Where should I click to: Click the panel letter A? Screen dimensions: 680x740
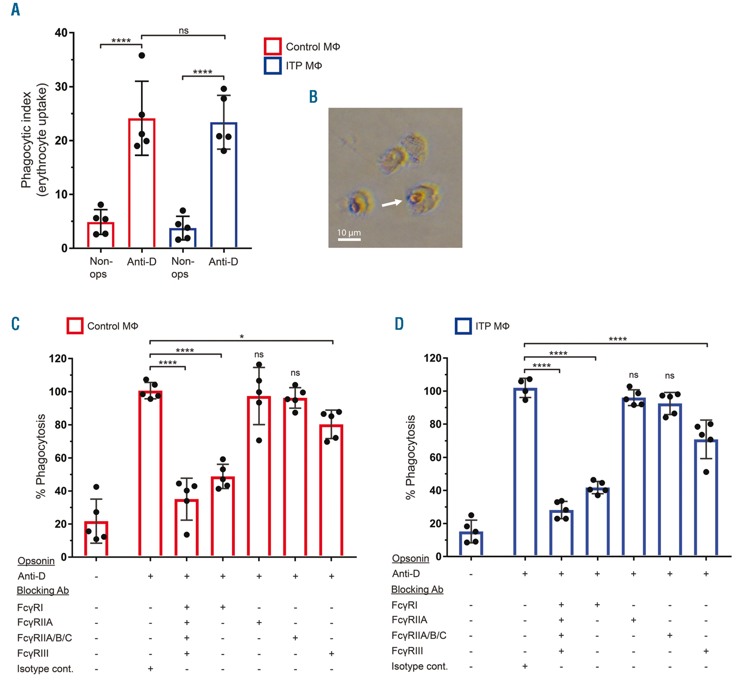[15, 10]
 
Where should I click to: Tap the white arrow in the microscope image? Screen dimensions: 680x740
[391, 203]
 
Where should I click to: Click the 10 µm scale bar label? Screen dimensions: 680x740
[349, 233]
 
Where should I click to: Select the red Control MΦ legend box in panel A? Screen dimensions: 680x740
[273, 47]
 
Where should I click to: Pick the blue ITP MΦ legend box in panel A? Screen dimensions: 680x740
[273, 66]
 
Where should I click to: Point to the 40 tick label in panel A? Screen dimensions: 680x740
[61, 33]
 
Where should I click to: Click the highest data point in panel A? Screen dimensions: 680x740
[142, 55]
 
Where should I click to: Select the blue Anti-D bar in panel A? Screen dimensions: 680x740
[223, 185]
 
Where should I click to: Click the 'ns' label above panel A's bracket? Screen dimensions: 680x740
[184, 31]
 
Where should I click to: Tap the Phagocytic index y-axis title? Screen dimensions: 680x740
[34, 140]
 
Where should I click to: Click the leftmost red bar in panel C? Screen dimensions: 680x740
[96, 538]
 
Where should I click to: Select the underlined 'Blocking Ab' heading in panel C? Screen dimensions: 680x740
[43, 590]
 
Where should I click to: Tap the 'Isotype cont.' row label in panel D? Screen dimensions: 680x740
[420, 666]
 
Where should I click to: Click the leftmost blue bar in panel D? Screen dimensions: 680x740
[471, 543]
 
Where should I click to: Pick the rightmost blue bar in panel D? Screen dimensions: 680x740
[706, 498]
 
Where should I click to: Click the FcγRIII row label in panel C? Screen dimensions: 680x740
[33, 653]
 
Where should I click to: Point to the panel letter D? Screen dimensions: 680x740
[399, 324]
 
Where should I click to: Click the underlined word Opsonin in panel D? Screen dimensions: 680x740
[410, 558]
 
